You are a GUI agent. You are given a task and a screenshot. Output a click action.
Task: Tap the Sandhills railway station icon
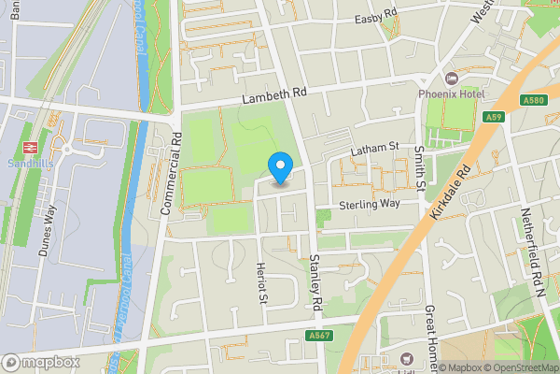[x=28, y=146]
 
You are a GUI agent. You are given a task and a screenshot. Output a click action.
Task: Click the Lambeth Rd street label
[x=273, y=94]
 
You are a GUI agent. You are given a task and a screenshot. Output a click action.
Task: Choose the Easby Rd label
[x=376, y=20]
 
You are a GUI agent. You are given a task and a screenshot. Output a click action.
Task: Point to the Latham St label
[x=374, y=148]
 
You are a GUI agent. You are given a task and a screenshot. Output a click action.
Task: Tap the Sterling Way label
[x=369, y=203]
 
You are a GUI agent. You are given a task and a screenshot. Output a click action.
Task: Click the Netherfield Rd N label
[x=537, y=252]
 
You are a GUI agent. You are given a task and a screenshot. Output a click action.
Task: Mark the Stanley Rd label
[x=315, y=282]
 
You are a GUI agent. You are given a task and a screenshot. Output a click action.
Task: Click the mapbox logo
[x=41, y=362]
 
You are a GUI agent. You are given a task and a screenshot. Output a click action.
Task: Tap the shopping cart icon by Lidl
[x=405, y=357]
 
